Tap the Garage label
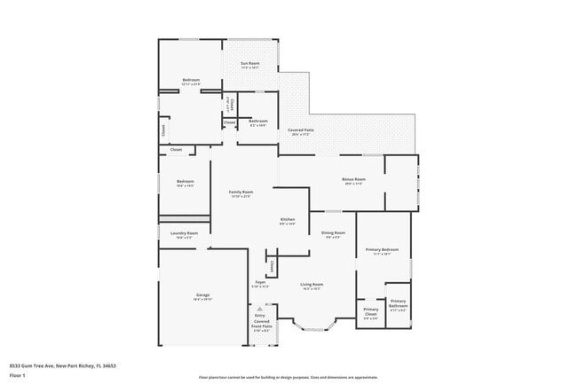(x=202, y=295)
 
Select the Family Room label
(x=241, y=192)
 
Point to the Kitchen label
(x=288, y=219)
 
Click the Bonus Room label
(x=353, y=179)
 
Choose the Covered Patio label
(x=299, y=130)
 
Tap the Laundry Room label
(x=185, y=233)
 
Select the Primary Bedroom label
(x=383, y=250)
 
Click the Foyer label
(x=260, y=283)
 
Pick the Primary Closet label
(x=370, y=312)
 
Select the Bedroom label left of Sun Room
(x=191, y=81)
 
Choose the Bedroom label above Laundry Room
(x=185, y=182)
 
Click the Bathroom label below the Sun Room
(x=258, y=121)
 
